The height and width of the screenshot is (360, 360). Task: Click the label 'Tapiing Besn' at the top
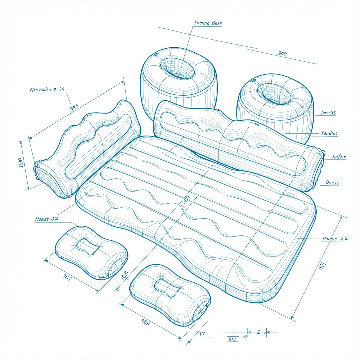tap(208, 23)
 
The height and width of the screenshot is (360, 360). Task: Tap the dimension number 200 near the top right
tap(282, 53)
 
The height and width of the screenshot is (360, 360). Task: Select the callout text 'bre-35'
tap(328, 113)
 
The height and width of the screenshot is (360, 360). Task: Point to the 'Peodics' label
tap(329, 133)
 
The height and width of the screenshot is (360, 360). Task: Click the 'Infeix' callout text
tap(339, 157)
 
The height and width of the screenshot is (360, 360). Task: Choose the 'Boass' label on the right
tap(332, 183)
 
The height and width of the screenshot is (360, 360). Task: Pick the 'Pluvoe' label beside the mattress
tap(335, 239)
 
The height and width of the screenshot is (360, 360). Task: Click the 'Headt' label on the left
tap(47, 219)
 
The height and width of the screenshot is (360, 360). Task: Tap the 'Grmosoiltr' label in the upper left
tap(47, 90)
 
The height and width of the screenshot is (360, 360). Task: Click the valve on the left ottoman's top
tap(156, 55)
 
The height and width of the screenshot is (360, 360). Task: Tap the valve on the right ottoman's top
tap(253, 80)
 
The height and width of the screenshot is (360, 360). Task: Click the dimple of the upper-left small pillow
tap(88, 247)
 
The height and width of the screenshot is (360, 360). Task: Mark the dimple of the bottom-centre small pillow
tap(167, 287)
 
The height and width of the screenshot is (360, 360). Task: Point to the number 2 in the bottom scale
tap(258, 332)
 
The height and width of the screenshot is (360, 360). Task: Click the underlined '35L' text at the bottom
tap(232, 339)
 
